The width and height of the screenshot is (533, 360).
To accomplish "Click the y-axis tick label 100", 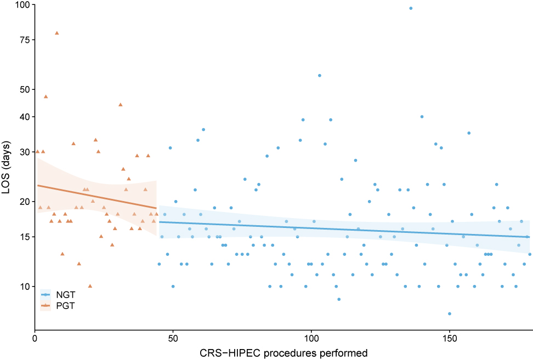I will [x=21, y=5].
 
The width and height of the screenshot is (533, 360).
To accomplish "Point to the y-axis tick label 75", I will [x=24, y=40].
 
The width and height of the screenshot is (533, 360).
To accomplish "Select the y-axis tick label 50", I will [x=24, y=89].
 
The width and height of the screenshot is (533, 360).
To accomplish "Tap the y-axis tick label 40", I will [x=24, y=117].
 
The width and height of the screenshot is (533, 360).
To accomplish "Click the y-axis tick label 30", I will [x=24, y=152].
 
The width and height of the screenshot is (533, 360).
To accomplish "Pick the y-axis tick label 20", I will [x=24, y=202].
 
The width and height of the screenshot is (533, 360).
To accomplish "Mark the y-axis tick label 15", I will [x=24, y=237].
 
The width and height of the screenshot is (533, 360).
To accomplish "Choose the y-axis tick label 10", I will [x=24, y=286].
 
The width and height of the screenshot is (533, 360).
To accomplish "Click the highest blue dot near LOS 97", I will [x=411, y=8].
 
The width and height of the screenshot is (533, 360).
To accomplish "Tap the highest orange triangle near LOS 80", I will [x=56, y=33].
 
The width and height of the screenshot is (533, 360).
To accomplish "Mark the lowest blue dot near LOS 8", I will [x=450, y=313].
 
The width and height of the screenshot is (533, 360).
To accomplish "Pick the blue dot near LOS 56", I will [x=320, y=75].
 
